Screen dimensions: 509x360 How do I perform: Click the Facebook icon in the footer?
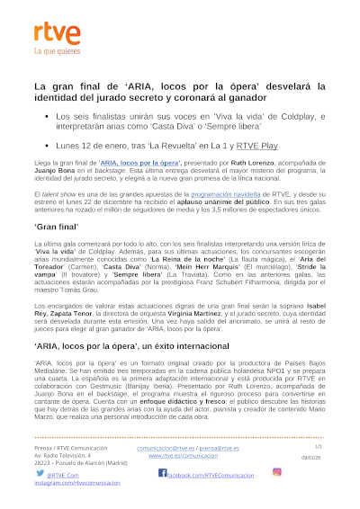pyautogui.click(x=162, y=472)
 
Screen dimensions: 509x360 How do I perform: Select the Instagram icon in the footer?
pyautogui.click(x=277, y=471)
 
